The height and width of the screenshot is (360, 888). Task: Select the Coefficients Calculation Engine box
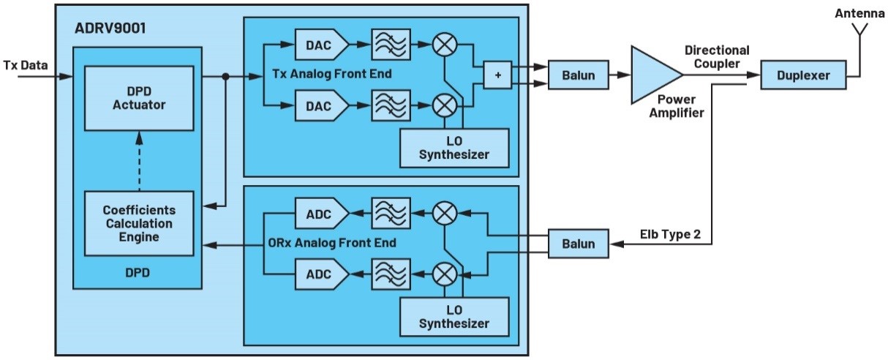[x=139, y=222]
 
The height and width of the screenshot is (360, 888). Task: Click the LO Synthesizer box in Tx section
[x=454, y=147]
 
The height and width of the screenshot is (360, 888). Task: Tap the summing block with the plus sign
[x=497, y=75]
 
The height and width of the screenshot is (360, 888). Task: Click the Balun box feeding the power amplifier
[x=578, y=75]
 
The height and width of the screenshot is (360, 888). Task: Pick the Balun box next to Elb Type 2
[x=578, y=244]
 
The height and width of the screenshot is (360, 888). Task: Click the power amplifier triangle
[x=652, y=75]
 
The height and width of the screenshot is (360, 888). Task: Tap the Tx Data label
[x=26, y=66]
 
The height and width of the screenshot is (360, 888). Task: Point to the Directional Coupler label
[x=717, y=57]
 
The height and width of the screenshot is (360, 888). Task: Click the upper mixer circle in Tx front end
[x=445, y=45]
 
